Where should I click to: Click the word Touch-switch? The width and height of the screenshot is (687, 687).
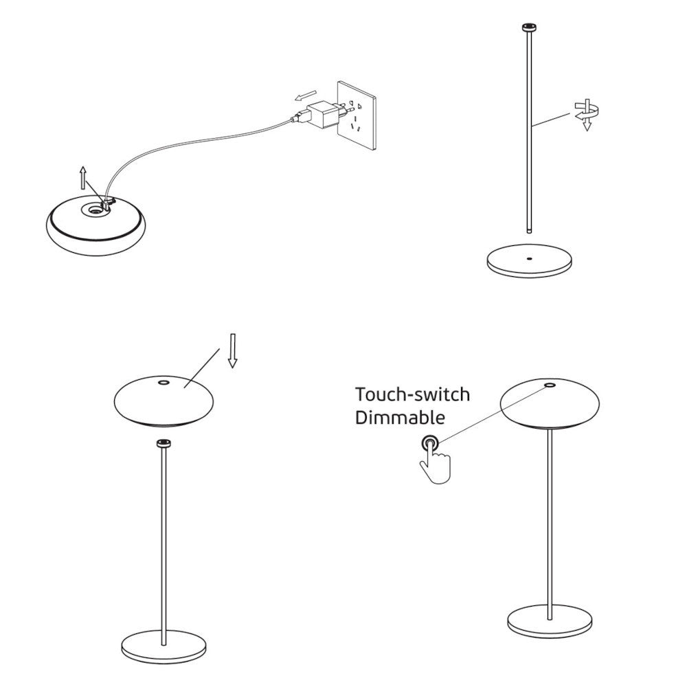coord(412,394)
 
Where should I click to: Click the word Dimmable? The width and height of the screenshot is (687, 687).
coord(400,417)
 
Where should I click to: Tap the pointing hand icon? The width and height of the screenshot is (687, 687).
coord(435,461)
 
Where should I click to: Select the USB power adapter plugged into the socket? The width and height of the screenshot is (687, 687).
coord(324,113)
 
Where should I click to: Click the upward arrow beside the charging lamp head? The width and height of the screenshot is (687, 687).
coord(83,178)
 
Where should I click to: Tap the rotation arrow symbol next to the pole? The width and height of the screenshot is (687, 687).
coord(587,115)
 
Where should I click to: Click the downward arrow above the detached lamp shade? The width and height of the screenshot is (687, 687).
coord(233,350)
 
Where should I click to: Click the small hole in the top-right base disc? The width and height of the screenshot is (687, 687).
coord(529,258)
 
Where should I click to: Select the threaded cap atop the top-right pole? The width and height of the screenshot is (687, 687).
coord(530,27)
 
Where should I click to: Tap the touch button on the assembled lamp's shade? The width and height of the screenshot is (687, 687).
coord(548,385)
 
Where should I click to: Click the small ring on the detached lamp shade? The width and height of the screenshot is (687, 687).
coord(164,383)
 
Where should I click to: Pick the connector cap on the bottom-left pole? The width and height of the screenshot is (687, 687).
coord(164,443)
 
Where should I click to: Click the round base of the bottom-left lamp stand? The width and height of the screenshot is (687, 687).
coord(164,646)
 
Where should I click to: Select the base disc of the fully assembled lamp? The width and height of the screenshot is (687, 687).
coord(550,621)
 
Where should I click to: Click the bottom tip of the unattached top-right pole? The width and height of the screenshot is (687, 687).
coord(530,232)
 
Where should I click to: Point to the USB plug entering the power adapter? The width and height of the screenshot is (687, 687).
coord(300,117)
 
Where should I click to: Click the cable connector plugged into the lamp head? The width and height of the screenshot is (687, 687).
coord(107,202)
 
